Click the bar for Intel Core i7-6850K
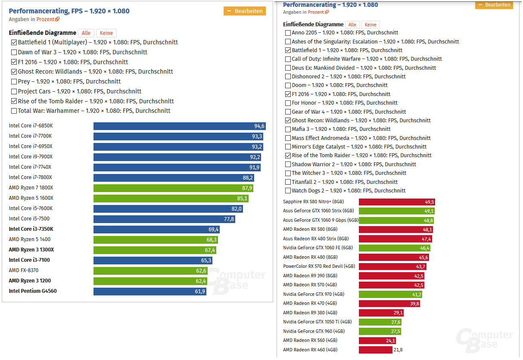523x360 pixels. click(x=179, y=126)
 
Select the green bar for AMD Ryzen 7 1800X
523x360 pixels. click(x=173, y=188)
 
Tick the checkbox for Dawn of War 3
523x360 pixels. click(x=14, y=53)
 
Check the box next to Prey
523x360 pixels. click(x=14, y=82)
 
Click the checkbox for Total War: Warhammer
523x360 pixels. click(x=14, y=111)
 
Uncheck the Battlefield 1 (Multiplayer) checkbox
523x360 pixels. click(x=14, y=43)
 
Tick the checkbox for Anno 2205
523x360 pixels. click(x=288, y=33)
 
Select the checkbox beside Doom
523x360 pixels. click(x=288, y=85)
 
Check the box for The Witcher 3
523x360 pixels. click(x=288, y=173)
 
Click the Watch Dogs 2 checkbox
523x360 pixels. click(x=288, y=191)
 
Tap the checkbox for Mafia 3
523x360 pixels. click(x=288, y=129)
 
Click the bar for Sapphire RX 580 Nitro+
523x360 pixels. click(x=397, y=202)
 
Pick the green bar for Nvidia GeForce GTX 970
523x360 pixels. click(x=390, y=295)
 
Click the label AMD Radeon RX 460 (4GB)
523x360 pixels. click(x=310, y=350)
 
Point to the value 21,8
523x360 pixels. click(x=398, y=350)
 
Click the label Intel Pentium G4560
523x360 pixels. click(x=33, y=292)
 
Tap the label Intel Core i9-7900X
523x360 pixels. click(x=31, y=157)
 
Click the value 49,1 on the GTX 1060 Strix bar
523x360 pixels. click(x=429, y=211)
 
